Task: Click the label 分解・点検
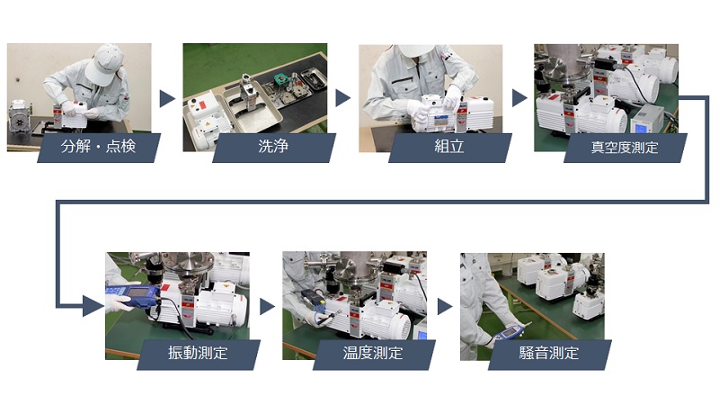pos(99,147)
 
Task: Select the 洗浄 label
pos(273,147)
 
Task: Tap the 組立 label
pos(448,147)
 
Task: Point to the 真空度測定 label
pos(625,148)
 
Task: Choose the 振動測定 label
pos(198,353)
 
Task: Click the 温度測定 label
pos(373,353)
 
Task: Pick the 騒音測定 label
pos(549,353)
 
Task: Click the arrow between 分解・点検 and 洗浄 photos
pos(166,99)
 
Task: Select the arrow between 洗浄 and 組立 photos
pos(342,98)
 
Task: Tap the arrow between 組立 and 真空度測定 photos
pos(519,98)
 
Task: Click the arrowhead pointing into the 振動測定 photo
pos(93,306)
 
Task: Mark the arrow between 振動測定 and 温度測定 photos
pos(267,307)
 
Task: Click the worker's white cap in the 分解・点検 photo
pos(104,63)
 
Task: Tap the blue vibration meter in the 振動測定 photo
pos(132,296)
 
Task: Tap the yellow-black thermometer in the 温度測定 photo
pos(315,299)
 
